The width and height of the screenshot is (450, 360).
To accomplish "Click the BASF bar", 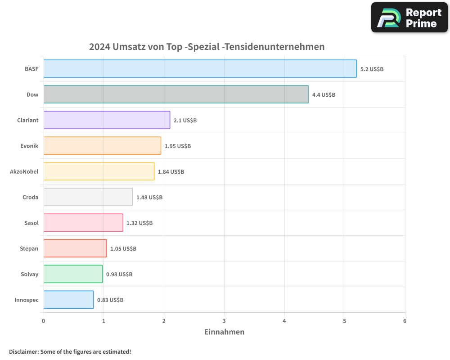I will (x=200, y=69).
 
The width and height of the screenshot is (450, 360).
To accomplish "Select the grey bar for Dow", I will (x=176, y=94).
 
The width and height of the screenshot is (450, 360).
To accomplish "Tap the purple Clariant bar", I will (x=107, y=120).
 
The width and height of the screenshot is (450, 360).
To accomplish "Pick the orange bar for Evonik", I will (x=102, y=146).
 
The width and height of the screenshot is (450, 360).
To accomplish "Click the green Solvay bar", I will (x=73, y=274).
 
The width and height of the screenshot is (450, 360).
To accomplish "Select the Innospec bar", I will (x=68, y=300).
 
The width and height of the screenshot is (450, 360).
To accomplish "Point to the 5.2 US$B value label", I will (x=372, y=69).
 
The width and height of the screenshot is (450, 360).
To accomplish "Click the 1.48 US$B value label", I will (x=149, y=198).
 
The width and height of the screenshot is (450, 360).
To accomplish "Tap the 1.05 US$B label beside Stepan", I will (x=123, y=249).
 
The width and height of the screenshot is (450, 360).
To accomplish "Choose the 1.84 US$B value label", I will (x=171, y=172).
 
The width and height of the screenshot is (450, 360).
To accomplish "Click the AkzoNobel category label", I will (x=24, y=171).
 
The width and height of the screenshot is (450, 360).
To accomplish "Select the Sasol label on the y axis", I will (x=31, y=223).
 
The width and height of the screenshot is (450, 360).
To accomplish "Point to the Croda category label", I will (x=31, y=197).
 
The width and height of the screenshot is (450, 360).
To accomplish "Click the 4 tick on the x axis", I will (x=284, y=321).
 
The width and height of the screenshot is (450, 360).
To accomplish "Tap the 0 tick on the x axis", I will (x=44, y=321).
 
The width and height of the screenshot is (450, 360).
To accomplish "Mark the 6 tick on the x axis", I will (x=405, y=321).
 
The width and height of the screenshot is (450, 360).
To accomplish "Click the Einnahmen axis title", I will (x=224, y=332).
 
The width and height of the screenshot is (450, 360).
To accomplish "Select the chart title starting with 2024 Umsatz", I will (x=207, y=47).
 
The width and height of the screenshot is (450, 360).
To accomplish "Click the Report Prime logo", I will (x=409, y=18).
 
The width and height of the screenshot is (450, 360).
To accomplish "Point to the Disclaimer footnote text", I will (x=70, y=351).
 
